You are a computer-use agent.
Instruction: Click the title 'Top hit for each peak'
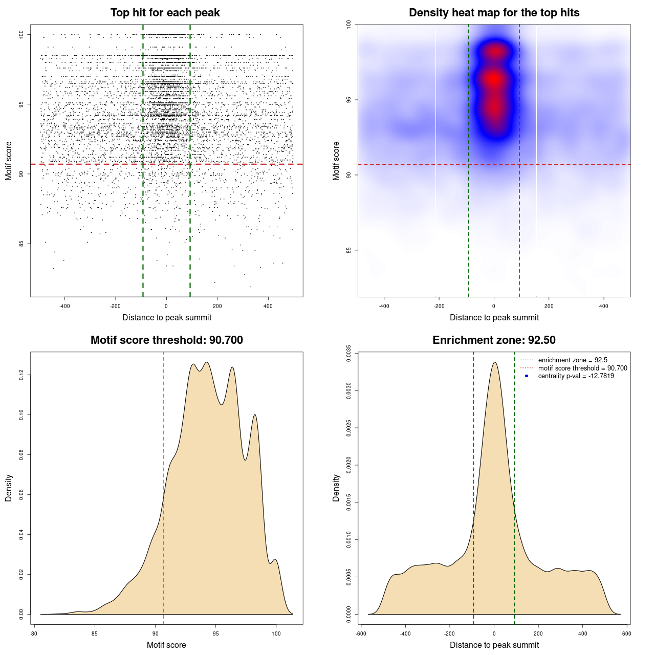tap(165, 13)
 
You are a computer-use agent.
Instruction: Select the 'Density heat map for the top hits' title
tap(494, 13)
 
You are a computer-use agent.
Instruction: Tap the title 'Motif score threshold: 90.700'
tap(166, 340)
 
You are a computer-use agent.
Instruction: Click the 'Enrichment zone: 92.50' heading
tap(494, 340)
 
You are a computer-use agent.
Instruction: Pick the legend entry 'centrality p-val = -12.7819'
tap(576, 376)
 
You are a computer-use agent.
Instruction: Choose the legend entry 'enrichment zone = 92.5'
tap(573, 360)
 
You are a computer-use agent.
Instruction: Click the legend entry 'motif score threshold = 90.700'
tap(582, 368)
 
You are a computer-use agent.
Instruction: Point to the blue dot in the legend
tap(527, 376)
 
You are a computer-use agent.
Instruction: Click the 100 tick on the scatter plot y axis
tap(21, 34)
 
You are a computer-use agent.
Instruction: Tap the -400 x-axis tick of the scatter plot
tap(64, 306)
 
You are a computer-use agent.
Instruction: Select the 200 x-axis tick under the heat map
tap(549, 306)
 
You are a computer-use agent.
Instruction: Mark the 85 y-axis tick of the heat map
tap(348, 250)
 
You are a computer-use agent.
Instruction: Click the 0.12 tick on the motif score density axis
tap(21, 376)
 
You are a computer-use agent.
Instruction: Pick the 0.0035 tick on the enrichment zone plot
tap(348, 354)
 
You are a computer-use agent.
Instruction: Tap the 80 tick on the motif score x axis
tap(34, 634)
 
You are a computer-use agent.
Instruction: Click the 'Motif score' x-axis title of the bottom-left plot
tap(166, 645)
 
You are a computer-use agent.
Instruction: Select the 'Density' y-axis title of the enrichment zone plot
tap(336, 488)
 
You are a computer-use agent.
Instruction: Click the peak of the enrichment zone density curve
tap(494, 362)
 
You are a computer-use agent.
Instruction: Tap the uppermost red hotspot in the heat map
tap(494, 51)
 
